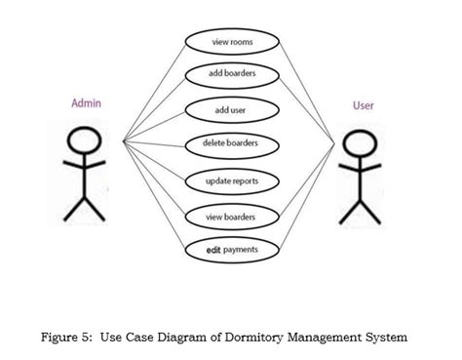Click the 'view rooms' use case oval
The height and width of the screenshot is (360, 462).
232,42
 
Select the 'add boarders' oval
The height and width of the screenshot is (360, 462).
232,75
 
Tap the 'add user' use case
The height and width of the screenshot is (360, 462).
232,110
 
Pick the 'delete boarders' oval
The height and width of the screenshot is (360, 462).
232,145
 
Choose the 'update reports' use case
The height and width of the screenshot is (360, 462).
232,180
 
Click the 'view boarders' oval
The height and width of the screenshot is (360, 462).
232,216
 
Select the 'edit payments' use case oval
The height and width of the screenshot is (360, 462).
232,250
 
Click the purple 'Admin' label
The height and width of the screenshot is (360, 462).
87,102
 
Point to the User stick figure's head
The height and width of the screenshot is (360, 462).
359,142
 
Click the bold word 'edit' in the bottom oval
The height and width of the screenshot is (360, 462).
213,250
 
